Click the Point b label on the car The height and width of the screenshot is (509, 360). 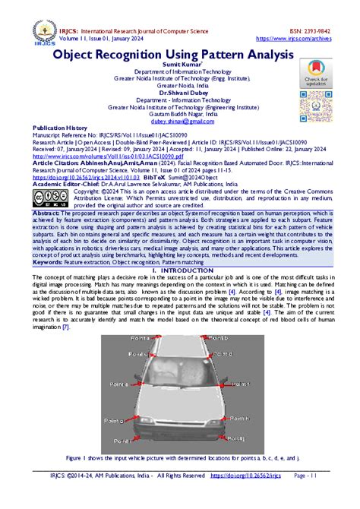(217, 338)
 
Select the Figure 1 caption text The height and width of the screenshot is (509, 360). (181, 460)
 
